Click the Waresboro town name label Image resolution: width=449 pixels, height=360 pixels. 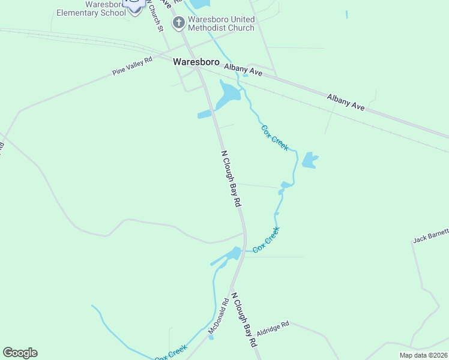pyautogui.click(x=196, y=61)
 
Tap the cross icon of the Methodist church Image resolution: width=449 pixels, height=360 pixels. pyautogui.click(x=178, y=23)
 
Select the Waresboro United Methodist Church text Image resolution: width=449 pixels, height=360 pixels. pyautogui.click(x=221, y=23)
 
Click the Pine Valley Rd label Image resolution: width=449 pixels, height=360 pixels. pyautogui.click(x=132, y=66)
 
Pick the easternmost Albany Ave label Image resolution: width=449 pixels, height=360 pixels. pyautogui.click(x=346, y=101)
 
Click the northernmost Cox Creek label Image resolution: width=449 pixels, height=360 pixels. pyautogui.click(x=275, y=137)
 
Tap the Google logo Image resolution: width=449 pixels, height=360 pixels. pyautogui.click(x=20, y=352)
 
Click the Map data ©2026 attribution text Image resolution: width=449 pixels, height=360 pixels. pyautogui.click(x=423, y=355)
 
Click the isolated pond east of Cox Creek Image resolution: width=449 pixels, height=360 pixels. pyautogui.click(x=309, y=160)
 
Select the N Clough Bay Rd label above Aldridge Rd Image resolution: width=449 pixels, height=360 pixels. pyautogui.click(x=244, y=320)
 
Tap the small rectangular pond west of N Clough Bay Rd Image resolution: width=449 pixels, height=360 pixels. pyautogui.click(x=205, y=115)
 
